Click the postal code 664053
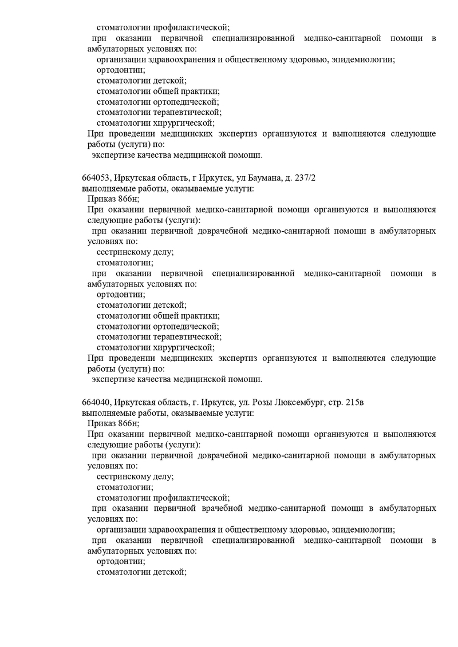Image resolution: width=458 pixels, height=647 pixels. (95, 178)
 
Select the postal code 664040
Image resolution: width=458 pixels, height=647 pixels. (95, 402)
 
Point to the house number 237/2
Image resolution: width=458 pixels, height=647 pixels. (306, 178)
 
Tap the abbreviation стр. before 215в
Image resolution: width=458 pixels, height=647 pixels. (336, 402)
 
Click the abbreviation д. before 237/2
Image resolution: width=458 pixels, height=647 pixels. (289, 178)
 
